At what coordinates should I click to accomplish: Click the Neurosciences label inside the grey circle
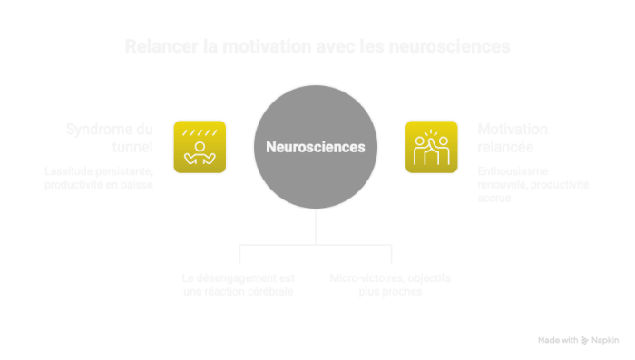click(315, 146)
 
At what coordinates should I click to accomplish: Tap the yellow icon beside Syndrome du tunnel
click(200, 146)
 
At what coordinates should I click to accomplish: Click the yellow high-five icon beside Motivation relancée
click(432, 146)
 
